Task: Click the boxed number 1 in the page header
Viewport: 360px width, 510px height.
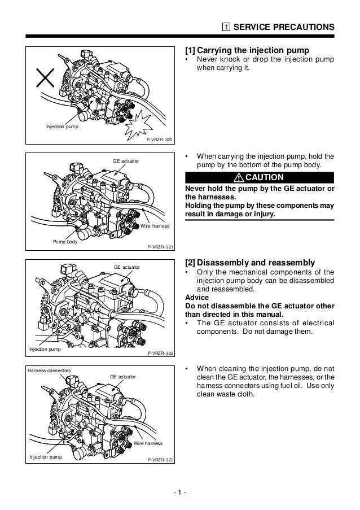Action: click(225, 27)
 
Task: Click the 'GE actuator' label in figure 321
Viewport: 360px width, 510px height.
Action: click(125, 162)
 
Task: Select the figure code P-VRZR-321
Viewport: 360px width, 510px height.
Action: click(160, 247)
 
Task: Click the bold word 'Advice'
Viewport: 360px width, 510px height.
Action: click(196, 298)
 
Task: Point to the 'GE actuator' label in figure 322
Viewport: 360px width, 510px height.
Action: click(127, 266)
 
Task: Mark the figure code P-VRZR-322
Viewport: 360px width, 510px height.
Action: click(160, 353)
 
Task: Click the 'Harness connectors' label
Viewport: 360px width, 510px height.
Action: click(49, 370)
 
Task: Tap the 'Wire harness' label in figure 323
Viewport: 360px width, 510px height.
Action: click(148, 443)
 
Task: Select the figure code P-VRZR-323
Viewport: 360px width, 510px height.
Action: click(160, 460)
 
